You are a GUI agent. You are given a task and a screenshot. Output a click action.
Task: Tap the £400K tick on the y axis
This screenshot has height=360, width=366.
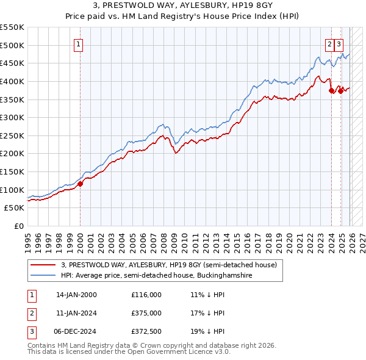pos(12,81)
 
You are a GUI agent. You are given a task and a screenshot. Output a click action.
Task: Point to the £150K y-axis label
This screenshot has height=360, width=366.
pos(12,171)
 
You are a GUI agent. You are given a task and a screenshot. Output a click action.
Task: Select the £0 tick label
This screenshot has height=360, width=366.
pos(18,226)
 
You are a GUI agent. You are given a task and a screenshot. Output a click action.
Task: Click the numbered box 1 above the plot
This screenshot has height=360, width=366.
pos(80,44)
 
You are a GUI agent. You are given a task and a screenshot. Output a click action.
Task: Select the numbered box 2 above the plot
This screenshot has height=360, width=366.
pos(329,44)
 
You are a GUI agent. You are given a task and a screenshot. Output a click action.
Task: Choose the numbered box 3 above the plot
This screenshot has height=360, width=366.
pos(339,44)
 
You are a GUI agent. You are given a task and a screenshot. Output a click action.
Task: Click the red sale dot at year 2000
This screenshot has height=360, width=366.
pos(80,184)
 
